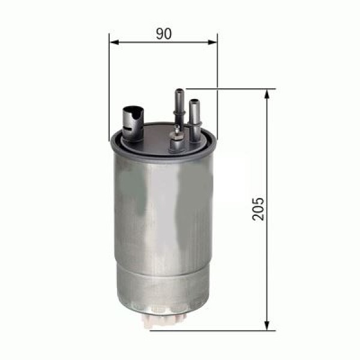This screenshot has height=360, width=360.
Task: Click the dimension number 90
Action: point(163,34)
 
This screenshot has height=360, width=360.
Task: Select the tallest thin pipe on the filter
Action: point(179,108)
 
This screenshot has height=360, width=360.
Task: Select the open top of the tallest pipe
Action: point(179,91)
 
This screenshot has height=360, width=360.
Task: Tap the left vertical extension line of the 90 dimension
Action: point(109,84)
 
